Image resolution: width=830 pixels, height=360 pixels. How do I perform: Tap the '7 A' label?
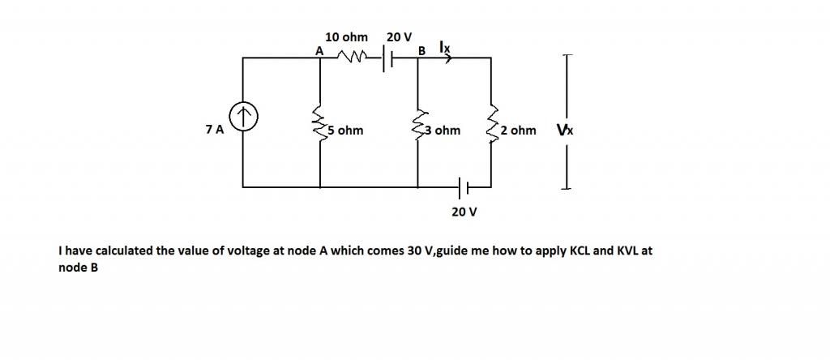tap(215, 130)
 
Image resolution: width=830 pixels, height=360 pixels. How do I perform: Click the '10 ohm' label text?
tap(346, 37)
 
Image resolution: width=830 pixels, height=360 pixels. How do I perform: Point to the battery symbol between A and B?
tap(390, 58)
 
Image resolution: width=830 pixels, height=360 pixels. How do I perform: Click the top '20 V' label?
tap(399, 37)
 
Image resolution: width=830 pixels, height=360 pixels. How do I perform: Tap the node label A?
tap(319, 50)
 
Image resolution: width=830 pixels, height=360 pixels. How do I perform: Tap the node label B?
tap(421, 51)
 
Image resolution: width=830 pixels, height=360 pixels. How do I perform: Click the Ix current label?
tap(444, 48)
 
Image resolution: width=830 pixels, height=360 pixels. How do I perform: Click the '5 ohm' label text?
tap(345, 130)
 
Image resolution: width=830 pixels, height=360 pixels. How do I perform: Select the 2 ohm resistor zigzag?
tap(491, 123)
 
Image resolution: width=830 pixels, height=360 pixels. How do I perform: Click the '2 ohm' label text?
tap(518, 130)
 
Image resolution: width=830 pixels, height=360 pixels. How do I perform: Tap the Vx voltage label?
tap(565, 130)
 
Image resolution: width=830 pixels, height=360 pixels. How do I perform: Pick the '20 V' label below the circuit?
tap(464, 212)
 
